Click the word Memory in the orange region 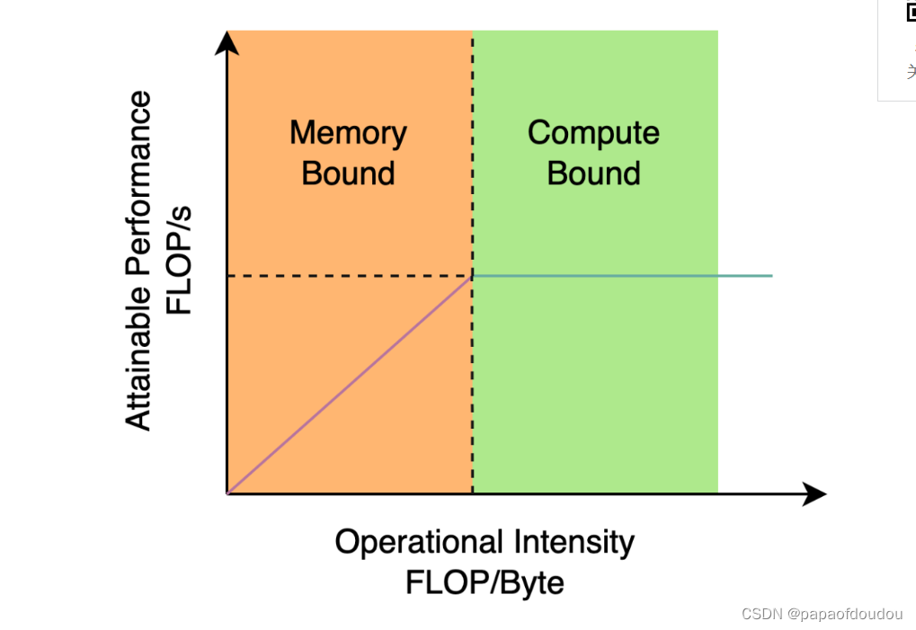348,133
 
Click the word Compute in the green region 593,133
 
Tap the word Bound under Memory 348,173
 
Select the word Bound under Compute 593,173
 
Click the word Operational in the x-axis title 420,543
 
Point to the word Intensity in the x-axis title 574,543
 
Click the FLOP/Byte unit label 485,582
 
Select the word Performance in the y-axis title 138,189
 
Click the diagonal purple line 351,385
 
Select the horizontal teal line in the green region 620,275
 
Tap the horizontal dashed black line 351,276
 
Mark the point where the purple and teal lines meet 473,276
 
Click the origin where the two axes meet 227,493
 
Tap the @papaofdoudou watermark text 844,614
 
